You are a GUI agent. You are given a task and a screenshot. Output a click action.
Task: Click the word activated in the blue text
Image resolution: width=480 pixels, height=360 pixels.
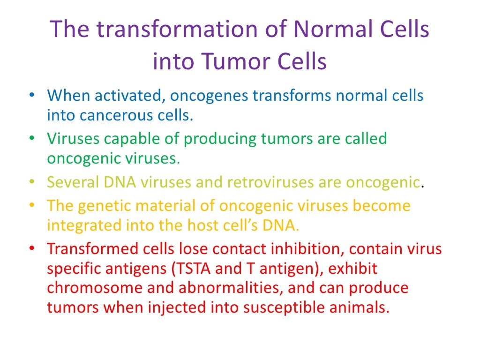click(129, 96)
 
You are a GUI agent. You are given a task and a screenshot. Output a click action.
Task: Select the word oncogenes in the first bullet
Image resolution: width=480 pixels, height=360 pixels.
click(209, 96)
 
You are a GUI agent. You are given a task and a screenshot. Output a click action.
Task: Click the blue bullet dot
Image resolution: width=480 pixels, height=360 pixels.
click(31, 96)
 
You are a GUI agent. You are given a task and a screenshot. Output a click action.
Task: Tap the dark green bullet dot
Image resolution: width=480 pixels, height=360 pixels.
click(31, 139)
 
